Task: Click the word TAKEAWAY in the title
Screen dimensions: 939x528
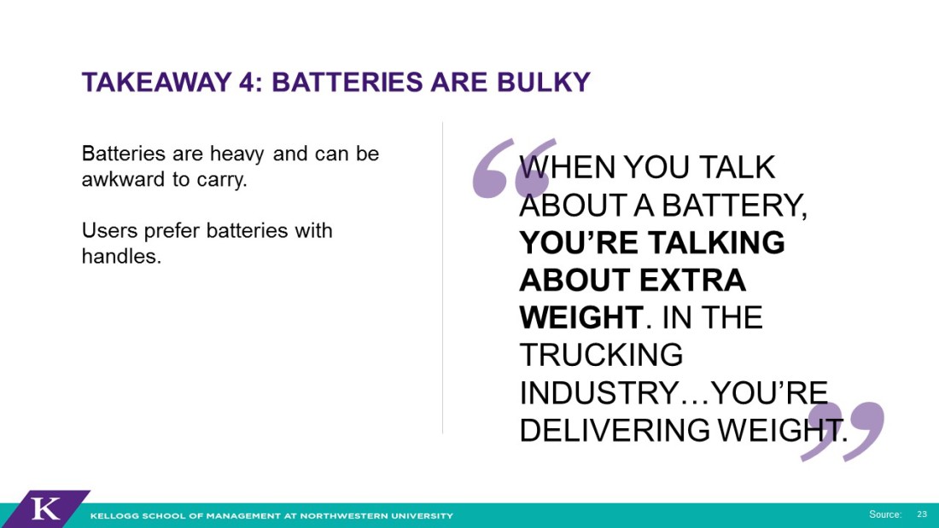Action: point(156,83)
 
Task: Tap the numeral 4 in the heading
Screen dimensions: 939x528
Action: point(247,83)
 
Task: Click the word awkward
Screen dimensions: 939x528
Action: point(123,179)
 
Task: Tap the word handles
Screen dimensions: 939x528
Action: point(121,256)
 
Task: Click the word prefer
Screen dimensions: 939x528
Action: point(172,232)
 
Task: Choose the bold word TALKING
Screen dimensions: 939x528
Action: point(716,242)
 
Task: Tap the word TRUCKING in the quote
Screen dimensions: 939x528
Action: point(601,355)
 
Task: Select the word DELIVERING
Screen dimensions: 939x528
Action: point(615,430)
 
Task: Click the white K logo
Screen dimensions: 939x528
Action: point(45,509)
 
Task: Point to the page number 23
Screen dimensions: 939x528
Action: point(922,514)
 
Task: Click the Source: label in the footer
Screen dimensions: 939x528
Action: point(885,514)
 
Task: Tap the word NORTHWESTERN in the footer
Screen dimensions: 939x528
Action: point(338,515)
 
